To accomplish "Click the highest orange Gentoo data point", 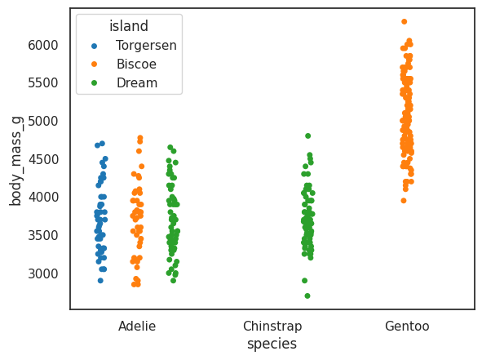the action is tap(405, 21).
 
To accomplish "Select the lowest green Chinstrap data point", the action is tap(307, 296).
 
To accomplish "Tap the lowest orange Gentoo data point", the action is tap(404, 201).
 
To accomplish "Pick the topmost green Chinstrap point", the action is tap(307, 136).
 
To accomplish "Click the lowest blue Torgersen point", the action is tap(100, 280).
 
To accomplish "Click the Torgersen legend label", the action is tap(146, 46).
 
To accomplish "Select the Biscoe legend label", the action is tap(136, 64).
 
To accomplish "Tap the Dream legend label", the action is tap(137, 82).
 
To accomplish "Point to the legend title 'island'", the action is tap(129, 26).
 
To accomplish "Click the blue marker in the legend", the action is tap(94, 47).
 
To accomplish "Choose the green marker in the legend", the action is tap(94, 83).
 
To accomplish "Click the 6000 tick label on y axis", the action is tap(43, 45).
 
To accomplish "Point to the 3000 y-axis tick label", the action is tap(43, 273).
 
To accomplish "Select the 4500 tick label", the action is tap(43, 159).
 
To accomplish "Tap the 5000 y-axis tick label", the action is tap(43, 122).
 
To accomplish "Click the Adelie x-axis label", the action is tap(137, 327).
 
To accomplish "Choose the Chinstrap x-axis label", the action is tap(272, 327).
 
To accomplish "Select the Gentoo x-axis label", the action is tap(407, 327).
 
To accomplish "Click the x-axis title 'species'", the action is tap(272, 344).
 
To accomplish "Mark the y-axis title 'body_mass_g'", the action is tap(15, 161).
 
